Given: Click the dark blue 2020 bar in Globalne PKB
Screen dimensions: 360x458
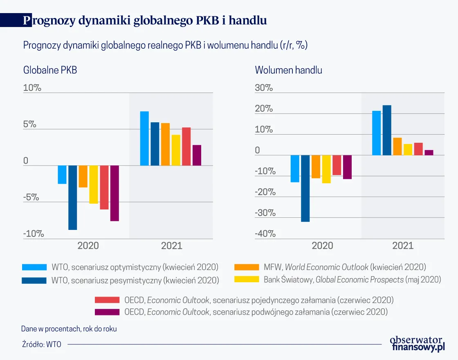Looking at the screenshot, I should pos(72,198).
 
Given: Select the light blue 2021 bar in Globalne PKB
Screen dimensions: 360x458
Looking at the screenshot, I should pos(144,138).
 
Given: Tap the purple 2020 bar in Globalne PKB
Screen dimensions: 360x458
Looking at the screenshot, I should pos(114,193).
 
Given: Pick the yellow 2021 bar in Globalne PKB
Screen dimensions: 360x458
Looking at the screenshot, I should pos(176,150).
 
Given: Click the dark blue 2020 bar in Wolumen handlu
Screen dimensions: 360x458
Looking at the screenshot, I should pos(305,188).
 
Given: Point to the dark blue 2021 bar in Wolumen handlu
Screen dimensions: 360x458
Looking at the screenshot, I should pos(387,130).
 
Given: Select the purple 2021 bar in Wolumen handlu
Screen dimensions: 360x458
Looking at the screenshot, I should pos(429,153).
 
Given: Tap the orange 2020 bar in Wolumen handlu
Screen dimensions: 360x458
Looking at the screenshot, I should pos(316,166).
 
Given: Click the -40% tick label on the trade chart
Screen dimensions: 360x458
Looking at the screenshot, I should pos(265,234).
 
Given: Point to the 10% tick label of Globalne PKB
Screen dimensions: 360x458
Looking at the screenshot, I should pos(32,88).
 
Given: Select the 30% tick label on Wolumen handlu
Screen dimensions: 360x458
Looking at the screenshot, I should pos(264,88).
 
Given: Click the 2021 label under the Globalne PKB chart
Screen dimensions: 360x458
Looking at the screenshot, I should pos(171,246).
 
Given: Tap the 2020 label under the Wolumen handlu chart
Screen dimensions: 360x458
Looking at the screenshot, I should pos(322,246).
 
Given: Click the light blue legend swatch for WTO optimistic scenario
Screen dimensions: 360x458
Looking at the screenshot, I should pos(35,268).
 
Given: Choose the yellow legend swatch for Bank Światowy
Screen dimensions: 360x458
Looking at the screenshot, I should pos(247,280).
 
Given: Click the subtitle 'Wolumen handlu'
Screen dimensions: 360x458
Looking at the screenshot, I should pos(288,70).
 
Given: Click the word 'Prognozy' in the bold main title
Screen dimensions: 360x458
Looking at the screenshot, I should pos(49,20).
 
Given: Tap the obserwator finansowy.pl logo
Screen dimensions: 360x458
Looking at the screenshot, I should pos(417,344).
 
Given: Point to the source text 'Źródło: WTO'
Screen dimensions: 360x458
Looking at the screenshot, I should pos(42,344).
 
